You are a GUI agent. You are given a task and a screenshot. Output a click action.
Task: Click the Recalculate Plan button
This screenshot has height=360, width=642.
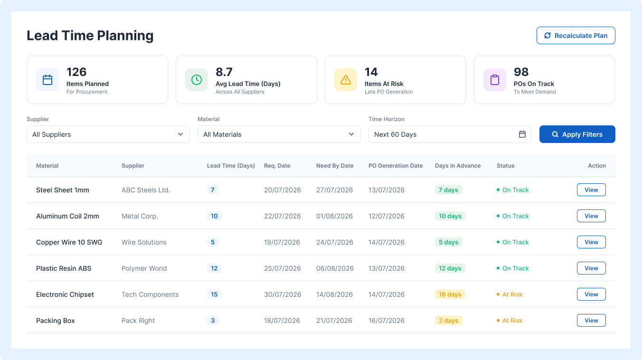coord(576,36)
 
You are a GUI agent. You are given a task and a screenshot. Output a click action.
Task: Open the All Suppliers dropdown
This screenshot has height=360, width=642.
coord(108,134)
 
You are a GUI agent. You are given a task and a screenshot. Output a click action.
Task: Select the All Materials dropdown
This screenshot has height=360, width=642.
coord(279,134)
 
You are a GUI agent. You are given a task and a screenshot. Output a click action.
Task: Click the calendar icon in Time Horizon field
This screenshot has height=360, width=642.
coord(522,134)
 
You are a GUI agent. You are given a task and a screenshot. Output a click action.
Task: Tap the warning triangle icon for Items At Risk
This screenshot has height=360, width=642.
coord(346,80)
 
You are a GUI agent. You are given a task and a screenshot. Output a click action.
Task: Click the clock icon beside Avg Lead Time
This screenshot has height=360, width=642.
coord(197,80)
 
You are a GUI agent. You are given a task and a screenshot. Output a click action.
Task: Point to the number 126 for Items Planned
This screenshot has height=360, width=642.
coord(76,72)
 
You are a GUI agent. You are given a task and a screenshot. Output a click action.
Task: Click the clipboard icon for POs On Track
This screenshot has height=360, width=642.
coord(495,80)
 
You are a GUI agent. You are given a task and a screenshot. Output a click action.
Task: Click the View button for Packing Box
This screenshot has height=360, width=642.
coord(591,321)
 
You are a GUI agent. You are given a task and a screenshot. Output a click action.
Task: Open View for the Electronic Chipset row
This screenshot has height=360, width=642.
coord(591,294)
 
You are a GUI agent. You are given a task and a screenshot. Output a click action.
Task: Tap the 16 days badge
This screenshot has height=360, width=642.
coord(450,294)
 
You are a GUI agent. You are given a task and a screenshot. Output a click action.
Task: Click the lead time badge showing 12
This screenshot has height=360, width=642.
coord(214,268)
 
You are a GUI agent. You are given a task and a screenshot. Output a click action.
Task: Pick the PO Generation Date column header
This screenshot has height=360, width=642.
coord(396,166)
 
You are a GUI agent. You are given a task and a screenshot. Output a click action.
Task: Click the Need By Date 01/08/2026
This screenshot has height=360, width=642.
coord(334,216)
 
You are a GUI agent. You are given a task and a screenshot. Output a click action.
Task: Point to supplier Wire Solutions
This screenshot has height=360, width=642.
coord(144,242)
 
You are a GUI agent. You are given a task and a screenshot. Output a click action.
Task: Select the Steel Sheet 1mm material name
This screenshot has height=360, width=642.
coord(63,190)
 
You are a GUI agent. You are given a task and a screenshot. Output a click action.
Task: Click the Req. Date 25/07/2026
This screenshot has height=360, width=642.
coord(283,268)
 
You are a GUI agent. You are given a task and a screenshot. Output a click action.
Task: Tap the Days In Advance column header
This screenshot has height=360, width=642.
coord(458,166)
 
